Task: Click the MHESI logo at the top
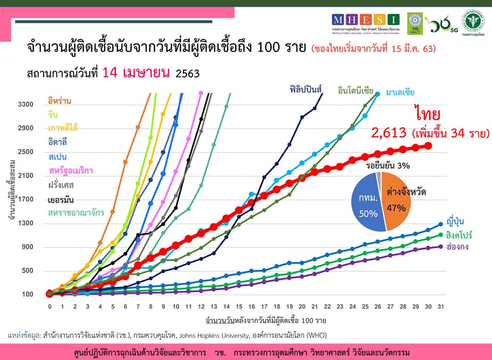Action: tap(365, 20)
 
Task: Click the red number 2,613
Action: tap(389, 134)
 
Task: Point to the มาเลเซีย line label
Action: tap(397, 92)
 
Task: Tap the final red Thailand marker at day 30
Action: tap(428, 146)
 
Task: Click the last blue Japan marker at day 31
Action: tap(440, 224)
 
